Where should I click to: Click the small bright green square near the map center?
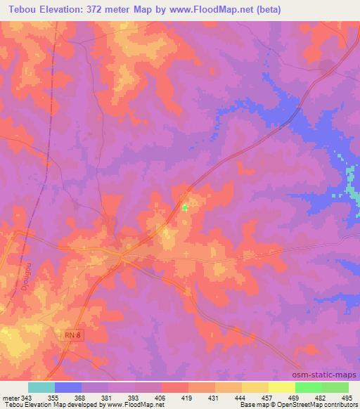tap(185, 207)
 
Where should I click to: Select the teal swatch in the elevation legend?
tap(41, 387)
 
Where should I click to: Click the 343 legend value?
tap(27, 398)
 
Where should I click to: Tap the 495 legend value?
tap(348, 398)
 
